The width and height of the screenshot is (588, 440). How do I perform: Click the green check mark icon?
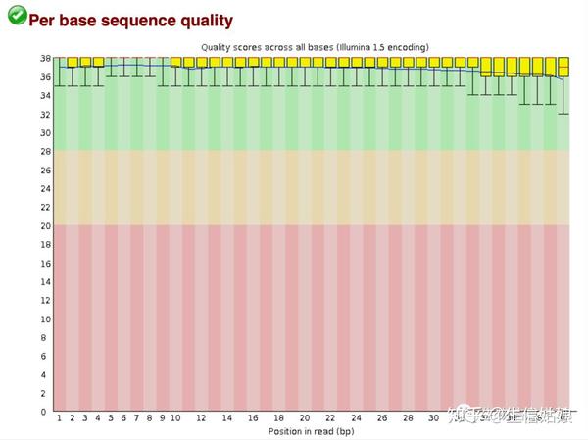coord(16,16)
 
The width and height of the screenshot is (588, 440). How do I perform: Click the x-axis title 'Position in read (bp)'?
coord(312,430)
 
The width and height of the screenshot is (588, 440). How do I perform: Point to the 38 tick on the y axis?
coord(43,58)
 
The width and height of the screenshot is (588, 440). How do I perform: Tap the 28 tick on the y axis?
coord(43,151)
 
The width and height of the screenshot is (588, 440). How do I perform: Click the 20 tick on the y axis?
coord(43,225)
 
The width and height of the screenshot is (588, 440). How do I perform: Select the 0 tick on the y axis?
coord(45,412)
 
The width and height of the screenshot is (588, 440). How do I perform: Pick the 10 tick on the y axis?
coord(43,318)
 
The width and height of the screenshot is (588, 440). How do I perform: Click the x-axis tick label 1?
coord(59,418)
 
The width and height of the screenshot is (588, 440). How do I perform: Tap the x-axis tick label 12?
coord(201,418)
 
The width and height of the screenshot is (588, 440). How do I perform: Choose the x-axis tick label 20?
coord(305,418)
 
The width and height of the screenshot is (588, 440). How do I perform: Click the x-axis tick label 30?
coord(434,418)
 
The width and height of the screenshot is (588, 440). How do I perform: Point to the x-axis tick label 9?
coord(163,418)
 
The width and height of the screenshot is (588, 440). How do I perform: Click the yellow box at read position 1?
coord(59,62)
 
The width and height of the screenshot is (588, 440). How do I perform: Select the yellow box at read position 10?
coord(175,62)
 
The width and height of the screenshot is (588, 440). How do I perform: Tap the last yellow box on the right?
coord(563,67)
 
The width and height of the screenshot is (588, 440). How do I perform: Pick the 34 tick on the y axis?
coord(43,95)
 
